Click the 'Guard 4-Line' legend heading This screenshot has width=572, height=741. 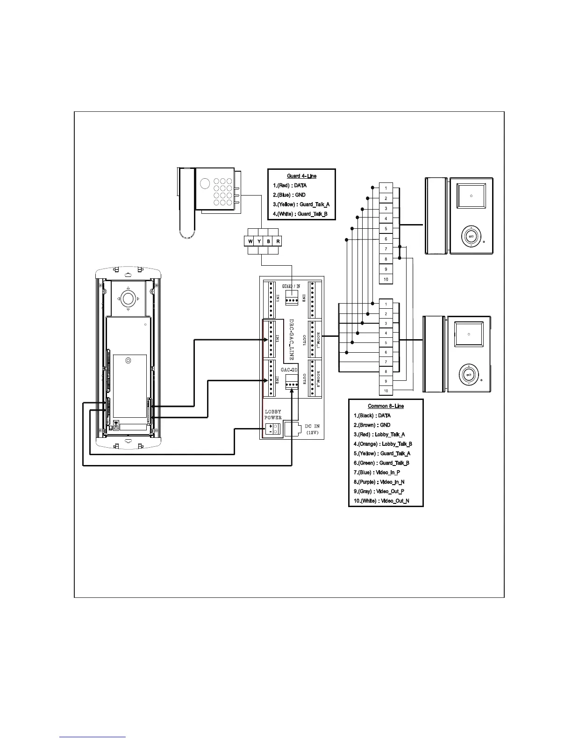coord(301,176)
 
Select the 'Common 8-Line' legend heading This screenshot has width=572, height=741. coord(386,406)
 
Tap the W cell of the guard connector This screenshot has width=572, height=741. coord(250,241)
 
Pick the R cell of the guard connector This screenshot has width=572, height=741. coord(278,241)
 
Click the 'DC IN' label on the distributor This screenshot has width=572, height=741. coord(312,426)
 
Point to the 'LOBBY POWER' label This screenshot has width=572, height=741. coord(273,414)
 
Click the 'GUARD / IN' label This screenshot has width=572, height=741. coord(291,286)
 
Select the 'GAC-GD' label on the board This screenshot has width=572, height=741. coord(289,370)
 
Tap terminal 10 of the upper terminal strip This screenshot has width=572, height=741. coord(386,279)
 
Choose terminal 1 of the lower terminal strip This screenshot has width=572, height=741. coord(386,304)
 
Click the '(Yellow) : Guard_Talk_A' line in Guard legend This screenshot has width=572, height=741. coord(301,204)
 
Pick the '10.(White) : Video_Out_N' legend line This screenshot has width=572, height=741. coord(381,501)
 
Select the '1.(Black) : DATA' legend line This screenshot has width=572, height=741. coord(372,415)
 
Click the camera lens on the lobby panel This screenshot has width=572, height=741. coord(128,298)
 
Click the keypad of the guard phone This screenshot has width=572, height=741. coord(222,192)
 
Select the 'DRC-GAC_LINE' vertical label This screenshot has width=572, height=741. coord(291,340)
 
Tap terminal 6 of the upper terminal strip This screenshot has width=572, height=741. coord(386,239)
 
